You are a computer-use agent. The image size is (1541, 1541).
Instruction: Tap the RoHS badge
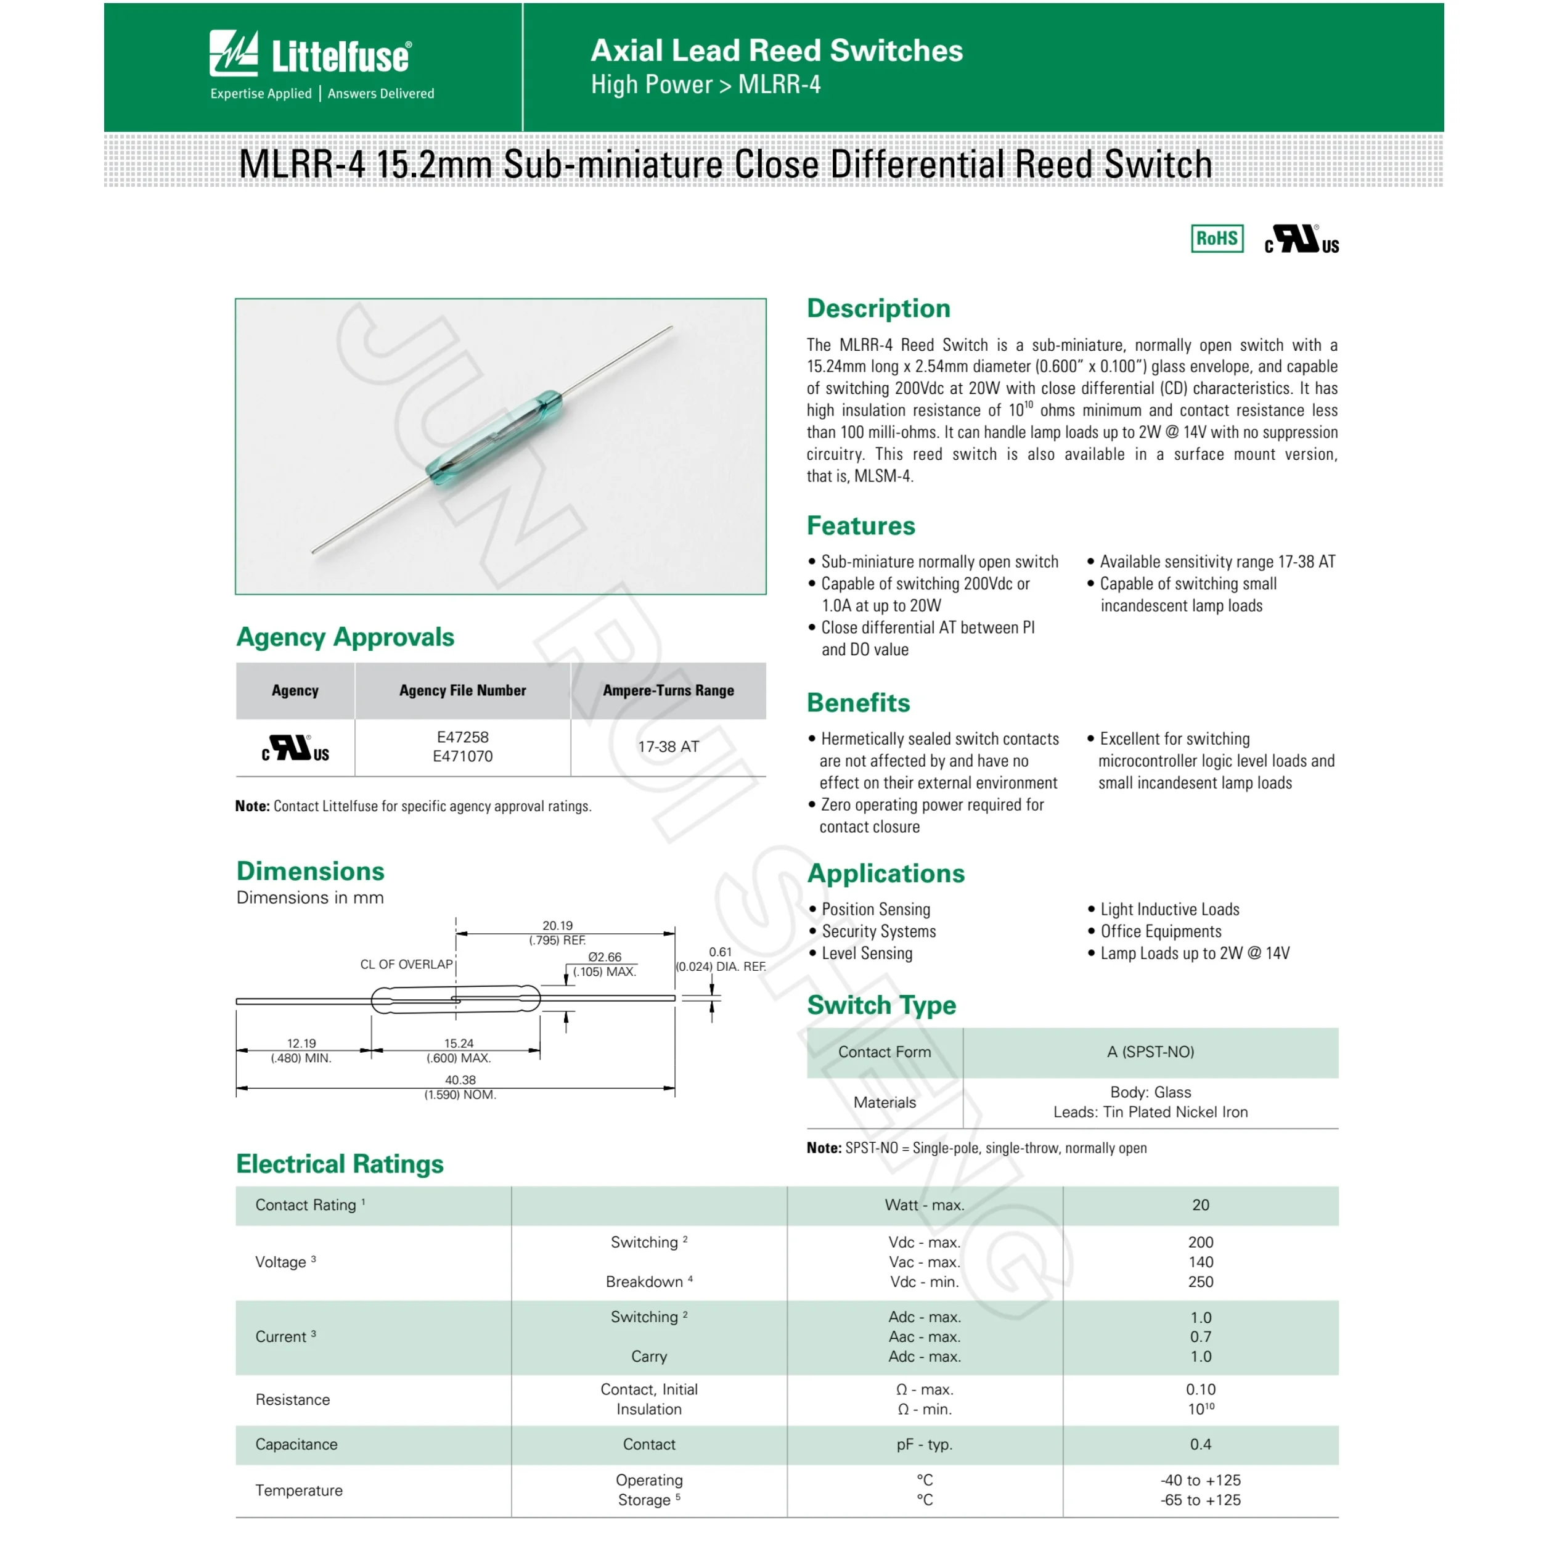(1216, 239)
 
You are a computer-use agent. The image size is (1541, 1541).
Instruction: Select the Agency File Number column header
(463, 691)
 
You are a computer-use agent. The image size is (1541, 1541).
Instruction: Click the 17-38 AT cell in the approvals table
(668, 747)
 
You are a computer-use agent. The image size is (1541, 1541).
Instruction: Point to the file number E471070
(463, 757)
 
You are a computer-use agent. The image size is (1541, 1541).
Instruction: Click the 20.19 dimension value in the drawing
(558, 926)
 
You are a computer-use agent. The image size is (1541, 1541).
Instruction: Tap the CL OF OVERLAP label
(406, 964)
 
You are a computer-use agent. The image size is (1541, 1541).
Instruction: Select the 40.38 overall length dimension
(460, 1080)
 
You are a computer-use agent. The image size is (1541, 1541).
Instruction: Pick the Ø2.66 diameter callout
(605, 957)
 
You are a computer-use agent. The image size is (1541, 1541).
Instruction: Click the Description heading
(878, 309)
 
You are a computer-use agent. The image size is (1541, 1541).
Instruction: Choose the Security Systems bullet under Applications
(878, 931)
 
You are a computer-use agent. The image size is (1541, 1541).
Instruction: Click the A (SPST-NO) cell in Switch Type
(1150, 1052)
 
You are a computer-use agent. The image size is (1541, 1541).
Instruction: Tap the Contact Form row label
(885, 1052)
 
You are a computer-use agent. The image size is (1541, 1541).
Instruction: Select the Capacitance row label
(296, 1444)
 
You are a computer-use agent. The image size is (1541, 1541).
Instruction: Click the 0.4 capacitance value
(1200, 1444)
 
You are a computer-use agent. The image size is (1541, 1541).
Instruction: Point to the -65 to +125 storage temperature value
(1200, 1500)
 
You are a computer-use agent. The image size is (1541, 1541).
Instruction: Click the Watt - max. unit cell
(925, 1205)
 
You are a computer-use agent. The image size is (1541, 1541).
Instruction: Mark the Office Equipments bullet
(1161, 931)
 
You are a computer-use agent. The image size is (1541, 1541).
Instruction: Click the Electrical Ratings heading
(340, 1164)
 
